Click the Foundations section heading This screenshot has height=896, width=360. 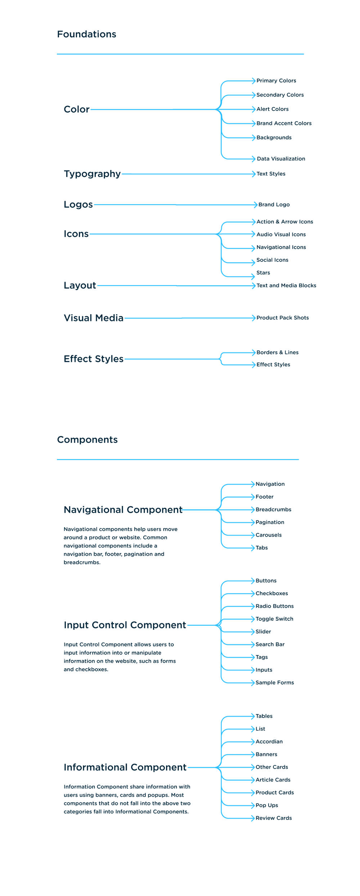pos(86,34)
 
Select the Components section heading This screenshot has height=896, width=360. pos(87,440)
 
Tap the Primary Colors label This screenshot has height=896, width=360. pos(276,81)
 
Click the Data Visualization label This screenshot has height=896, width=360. pos(281,159)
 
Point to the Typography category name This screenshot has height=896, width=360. pos(92,174)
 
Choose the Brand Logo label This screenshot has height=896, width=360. pos(274,205)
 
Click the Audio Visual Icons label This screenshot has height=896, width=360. pos(281,235)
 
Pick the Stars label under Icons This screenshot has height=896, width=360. pos(263,273)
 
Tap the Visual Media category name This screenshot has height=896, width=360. pos(94,318)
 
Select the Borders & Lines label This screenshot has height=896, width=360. pos(277,353)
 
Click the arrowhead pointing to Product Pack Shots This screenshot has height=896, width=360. pos(254,318)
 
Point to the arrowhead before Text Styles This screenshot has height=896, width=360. pos(254,174)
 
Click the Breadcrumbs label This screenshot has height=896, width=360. pos(273,510)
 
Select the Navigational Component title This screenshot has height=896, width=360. pos(123,510)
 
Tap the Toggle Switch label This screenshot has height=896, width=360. pos(274,619)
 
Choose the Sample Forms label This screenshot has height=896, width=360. pos(275,683)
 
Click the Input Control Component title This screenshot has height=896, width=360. pos(125,625)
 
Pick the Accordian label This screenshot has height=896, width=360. pos(269,742)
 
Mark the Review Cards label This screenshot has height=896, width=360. pos(274,818)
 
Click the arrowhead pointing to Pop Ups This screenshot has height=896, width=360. pos(253,805)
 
